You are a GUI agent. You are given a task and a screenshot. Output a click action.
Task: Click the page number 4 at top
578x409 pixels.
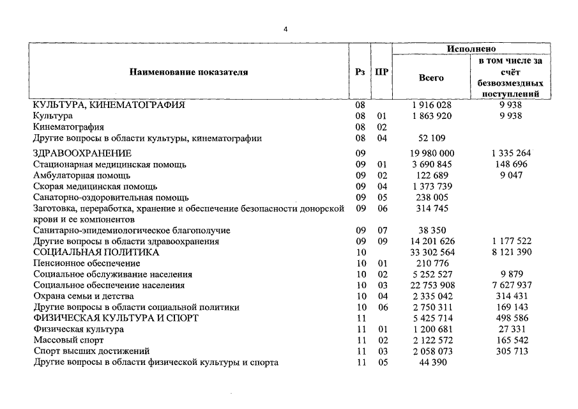click(x=287, y=29)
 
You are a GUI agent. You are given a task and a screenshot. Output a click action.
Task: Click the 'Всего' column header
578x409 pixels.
click(x=431, y=78)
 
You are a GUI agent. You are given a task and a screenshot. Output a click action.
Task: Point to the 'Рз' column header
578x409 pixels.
click(x=360, y=72)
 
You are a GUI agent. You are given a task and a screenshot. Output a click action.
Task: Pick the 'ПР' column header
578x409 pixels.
click(x=381, y=72)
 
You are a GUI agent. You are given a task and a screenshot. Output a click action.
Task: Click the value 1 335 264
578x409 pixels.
click(x=511, y=153)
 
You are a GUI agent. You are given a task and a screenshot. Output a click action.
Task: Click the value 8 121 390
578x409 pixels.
click(x=511, y=252)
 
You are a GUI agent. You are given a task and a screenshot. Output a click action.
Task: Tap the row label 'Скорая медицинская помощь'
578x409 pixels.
click(x=95, y=186)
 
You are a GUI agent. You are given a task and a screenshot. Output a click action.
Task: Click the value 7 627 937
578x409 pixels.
click(x=511, y=285)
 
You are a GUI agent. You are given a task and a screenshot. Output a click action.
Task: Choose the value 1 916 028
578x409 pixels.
click(x=431, y=105)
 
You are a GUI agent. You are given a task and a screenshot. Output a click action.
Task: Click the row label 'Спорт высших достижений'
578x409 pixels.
click(x=91, y=351)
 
